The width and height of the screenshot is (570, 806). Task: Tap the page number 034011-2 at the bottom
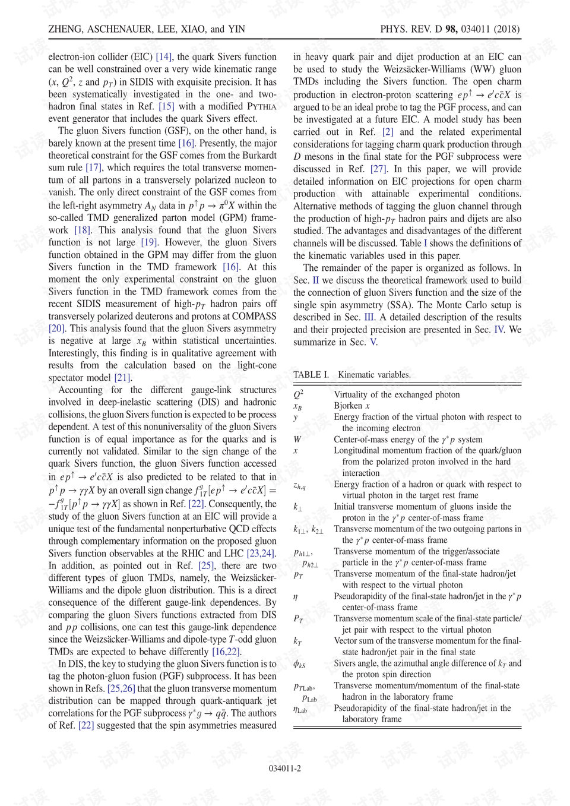pos(284,768)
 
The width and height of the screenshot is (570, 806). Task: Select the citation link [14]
pos(164,57)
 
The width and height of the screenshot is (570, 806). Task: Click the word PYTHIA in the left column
pos(261,106)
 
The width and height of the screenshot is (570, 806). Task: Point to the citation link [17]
pos(93,168)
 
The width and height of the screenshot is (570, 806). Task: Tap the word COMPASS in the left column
pos(254,317)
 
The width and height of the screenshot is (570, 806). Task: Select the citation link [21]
pos(122,378)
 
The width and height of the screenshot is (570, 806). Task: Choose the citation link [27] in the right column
pos(378,169)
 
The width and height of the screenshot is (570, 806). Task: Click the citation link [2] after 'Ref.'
pos(388,132)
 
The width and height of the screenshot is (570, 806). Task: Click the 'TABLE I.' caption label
pos(311,375)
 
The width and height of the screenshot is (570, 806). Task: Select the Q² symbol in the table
pos(298,394)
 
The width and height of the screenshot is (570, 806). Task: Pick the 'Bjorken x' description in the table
pos(351,406)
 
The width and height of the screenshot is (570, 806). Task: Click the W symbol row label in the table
pos(297,440)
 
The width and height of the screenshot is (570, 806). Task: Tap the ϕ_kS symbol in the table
pos(299,664)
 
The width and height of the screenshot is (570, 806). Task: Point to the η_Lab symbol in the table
pos(300,709)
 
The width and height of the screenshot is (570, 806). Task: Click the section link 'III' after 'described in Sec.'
pos(369,317)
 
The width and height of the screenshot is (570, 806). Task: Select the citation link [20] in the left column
pos(56,328)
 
